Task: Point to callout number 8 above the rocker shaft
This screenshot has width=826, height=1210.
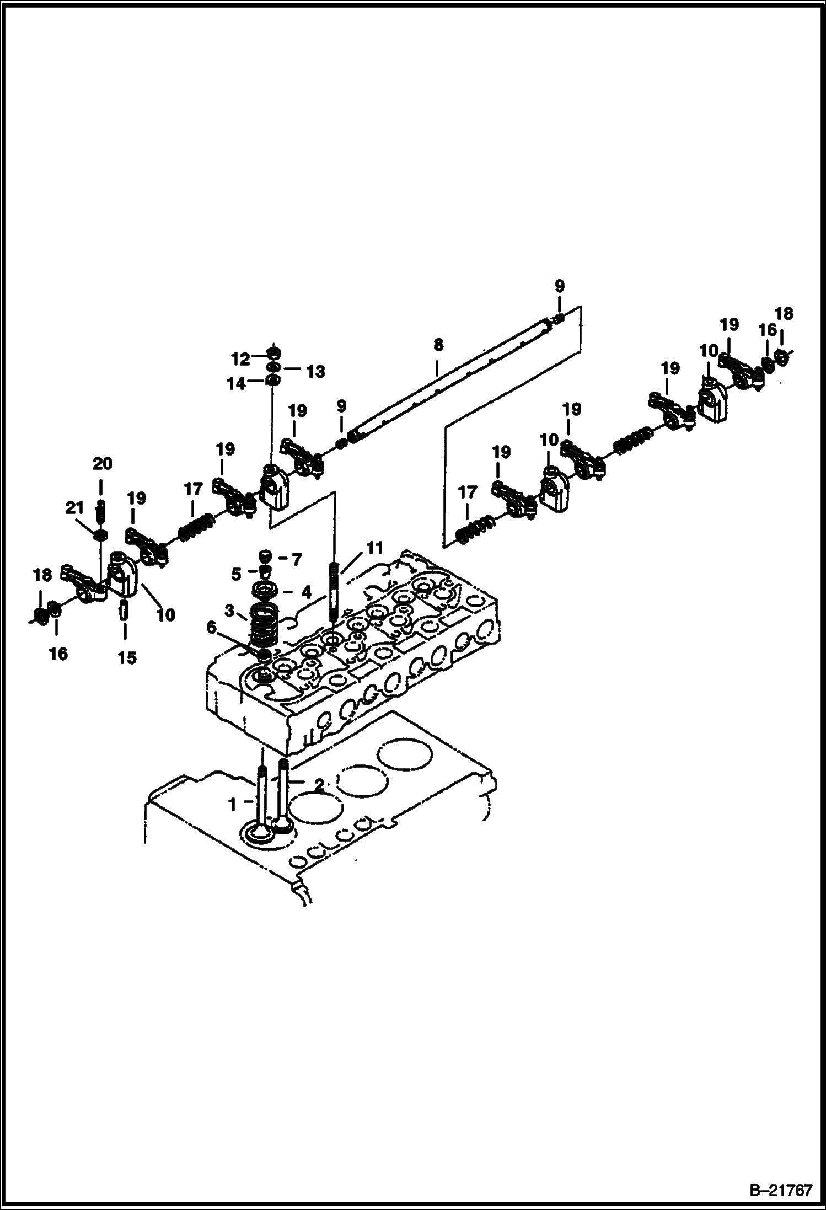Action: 438,345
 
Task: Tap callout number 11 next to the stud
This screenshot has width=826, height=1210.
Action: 374,548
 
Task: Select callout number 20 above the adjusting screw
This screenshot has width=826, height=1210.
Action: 102,464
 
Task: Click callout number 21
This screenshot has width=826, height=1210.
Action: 75,508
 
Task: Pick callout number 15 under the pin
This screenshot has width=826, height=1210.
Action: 127,657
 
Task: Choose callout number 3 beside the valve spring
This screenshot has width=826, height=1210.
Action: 229,611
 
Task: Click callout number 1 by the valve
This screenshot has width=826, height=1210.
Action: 233,805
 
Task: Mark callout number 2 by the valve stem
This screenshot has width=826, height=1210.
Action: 319,784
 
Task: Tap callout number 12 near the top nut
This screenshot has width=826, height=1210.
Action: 240,359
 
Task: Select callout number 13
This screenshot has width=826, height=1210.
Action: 315,372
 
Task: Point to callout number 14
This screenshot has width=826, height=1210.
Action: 237,383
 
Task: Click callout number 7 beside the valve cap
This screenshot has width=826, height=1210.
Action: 296,560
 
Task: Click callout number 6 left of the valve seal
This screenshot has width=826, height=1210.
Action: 211,627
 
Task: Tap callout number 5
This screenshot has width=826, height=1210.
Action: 236,575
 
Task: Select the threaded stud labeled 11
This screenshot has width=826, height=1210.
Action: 335,593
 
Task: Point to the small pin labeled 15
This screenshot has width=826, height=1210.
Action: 125,611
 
